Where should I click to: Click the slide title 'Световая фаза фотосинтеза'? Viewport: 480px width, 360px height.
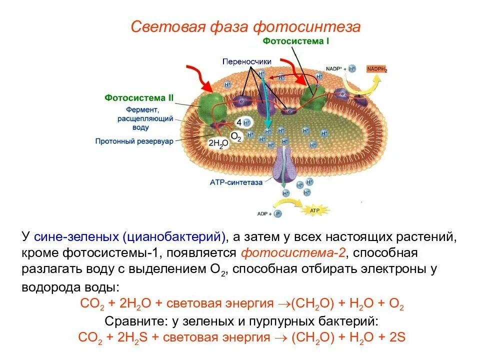(245, 26)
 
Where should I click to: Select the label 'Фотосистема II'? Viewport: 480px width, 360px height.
(139, 98)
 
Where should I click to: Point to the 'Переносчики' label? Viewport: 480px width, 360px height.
(247, 61)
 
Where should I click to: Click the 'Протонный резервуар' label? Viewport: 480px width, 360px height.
(134, 141)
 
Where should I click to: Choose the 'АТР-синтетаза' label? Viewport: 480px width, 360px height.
(239, 182)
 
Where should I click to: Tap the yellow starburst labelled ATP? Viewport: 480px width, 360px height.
(314, 210)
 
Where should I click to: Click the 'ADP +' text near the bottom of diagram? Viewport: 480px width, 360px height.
(264, 213)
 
